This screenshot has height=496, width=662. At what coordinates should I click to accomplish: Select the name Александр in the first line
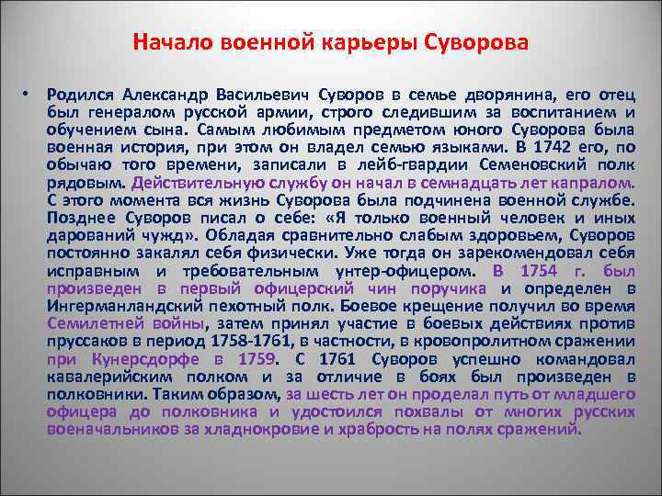164,95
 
